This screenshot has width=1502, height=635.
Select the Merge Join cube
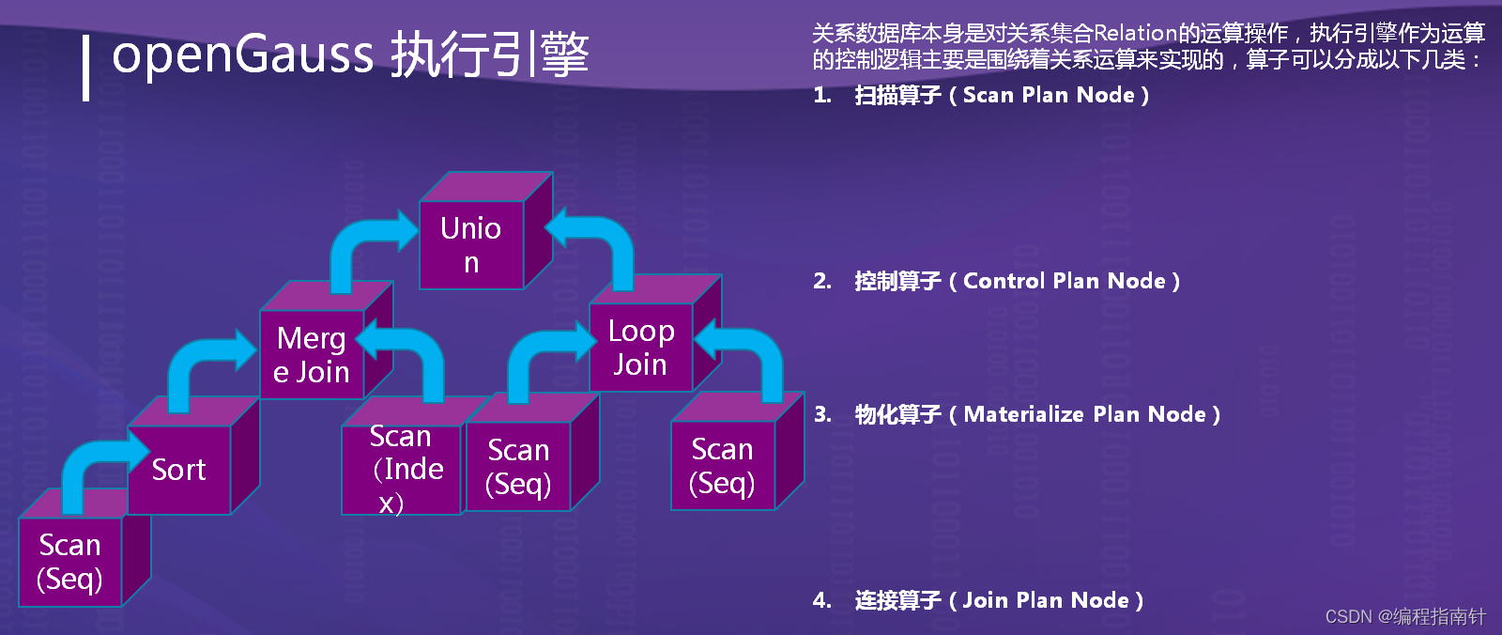click(312, 354)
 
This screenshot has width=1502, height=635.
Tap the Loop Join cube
click(640, 347)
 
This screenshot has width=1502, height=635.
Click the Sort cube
click(179, 469)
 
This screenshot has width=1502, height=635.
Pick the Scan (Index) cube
click(402, 469)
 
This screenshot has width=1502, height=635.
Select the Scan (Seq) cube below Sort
click(70, 561)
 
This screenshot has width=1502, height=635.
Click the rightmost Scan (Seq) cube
click(723, 465)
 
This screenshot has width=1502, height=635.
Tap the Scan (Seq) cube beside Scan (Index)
click(518, 466)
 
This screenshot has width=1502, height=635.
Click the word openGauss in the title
click(242, 54)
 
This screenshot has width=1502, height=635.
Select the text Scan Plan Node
click(1049, 95)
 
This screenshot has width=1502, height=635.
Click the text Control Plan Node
click(1064, 281)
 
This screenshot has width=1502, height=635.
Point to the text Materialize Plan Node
click(1084, 414)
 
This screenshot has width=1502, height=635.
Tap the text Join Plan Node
click(1046, 600)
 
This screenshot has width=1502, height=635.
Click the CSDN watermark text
click(1405, 616)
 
